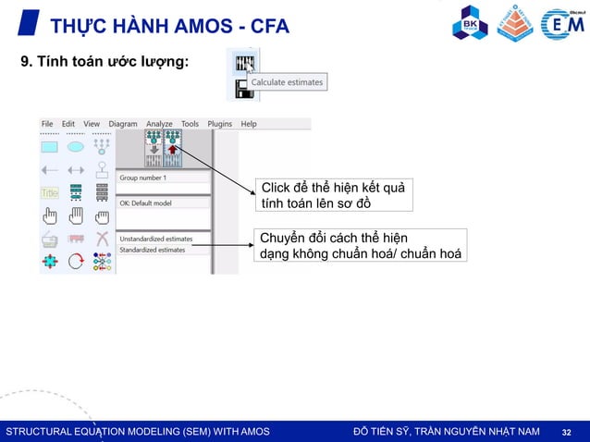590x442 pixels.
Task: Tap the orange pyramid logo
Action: point(515,23)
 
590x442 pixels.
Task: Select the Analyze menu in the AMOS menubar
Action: point(159,124)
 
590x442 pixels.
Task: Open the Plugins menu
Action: point(220,124)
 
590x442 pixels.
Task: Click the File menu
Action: point(47,124)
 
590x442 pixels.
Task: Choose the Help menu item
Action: point(249,124)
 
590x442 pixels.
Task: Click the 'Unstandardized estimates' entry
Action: point(156,239)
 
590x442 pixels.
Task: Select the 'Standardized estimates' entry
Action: point(153,250)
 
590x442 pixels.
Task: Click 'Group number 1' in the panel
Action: point(143,177)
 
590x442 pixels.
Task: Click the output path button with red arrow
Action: point(172,148)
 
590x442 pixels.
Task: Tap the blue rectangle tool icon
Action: point(49,146)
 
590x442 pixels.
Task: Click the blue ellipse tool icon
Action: point(76,146)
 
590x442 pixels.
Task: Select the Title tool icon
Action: point(49,192)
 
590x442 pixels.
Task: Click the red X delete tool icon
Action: point(102,239)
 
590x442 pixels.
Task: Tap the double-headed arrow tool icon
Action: point(76,169)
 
